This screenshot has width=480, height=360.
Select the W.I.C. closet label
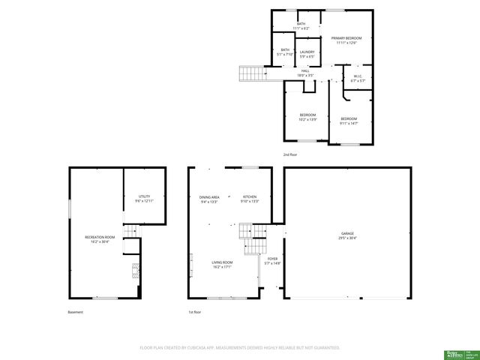tap(358, 78)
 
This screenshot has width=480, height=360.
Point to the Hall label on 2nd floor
tap(305, 73)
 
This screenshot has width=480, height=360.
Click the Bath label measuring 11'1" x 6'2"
tap(301, 26)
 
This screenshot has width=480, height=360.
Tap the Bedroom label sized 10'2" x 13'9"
tap(308, 117)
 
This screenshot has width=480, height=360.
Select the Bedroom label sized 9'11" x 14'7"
tap(349, 121)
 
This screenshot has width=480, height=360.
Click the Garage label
tap(346, 235)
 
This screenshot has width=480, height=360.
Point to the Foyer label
tap(272, 261)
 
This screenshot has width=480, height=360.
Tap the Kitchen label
tap(249, 199)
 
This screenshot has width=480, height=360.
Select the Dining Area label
tap(209, 199)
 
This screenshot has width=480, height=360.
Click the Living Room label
tap(221, 264)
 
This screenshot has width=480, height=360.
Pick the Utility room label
tap(144, 199)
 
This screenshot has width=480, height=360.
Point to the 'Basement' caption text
tap(76, 312)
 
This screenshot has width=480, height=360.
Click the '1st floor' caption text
tap(195, 312)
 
